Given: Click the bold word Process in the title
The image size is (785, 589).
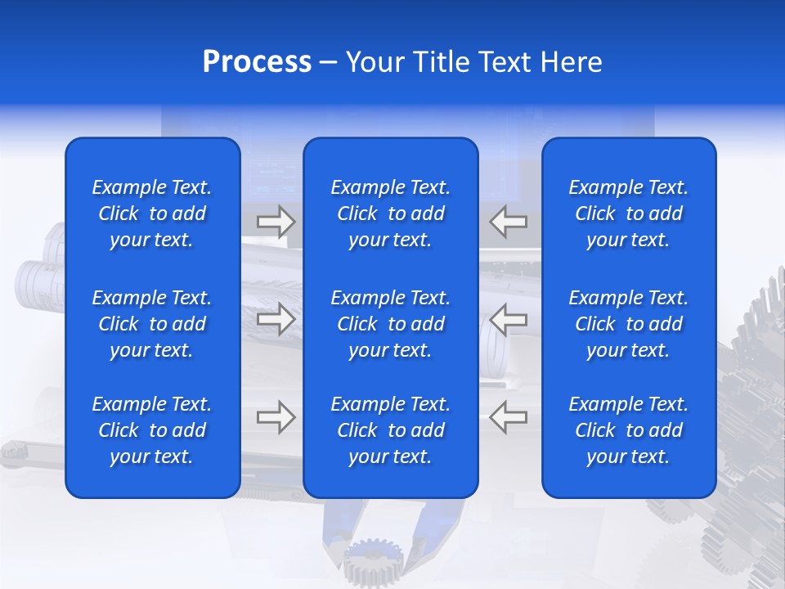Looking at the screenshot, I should click(257, 62).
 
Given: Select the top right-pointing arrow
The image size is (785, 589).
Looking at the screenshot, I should click(276, 222).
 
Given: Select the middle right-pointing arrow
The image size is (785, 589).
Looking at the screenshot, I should click(276, 319).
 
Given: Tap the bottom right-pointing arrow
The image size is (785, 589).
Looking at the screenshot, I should click(276, 417).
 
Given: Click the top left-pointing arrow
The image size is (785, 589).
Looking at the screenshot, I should click(508, 222).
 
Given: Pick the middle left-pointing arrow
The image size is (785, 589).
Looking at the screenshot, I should click(508, 319).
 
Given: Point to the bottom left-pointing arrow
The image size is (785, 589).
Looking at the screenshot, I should click(508, 417).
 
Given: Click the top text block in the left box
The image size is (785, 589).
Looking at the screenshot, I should click(152, 214).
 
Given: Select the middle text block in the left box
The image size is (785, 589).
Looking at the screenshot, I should click(152, 324).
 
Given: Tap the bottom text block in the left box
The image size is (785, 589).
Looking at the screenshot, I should click(152, 430).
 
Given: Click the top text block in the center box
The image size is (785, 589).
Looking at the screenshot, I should click(391, 214).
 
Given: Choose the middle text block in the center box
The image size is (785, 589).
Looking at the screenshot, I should click(391, 324).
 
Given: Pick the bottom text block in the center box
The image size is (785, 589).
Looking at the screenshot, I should click(391, 430).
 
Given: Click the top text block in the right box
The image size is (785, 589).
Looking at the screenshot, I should click(629, 214).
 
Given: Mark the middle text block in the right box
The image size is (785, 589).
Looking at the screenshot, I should click(629, 324).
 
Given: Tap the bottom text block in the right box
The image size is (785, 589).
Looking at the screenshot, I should click(629, 430).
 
